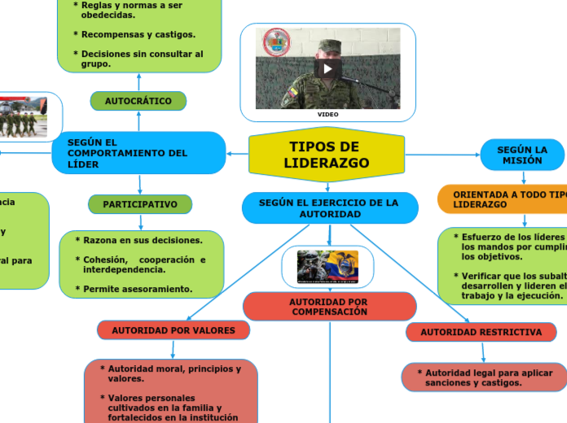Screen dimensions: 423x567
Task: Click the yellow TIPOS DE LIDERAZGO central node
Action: [327, 155]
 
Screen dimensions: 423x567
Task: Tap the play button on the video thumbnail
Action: [327, 68]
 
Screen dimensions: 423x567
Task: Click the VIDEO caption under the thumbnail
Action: [327, 115]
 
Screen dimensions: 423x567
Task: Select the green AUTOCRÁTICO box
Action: [138, 101]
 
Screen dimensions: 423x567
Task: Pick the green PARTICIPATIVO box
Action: [140, 204]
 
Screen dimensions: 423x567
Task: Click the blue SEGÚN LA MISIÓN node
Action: [521, 155]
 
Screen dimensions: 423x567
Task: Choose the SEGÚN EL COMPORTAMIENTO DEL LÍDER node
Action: [138, 153]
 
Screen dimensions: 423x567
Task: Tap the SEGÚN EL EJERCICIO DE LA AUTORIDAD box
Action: [329, 207]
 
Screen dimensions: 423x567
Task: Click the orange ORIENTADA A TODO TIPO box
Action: [505, 199]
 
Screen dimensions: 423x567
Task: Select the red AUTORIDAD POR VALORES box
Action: [173, 330]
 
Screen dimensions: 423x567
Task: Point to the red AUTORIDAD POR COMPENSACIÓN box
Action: [329, 307]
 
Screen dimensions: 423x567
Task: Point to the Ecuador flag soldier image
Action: [327, 266]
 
